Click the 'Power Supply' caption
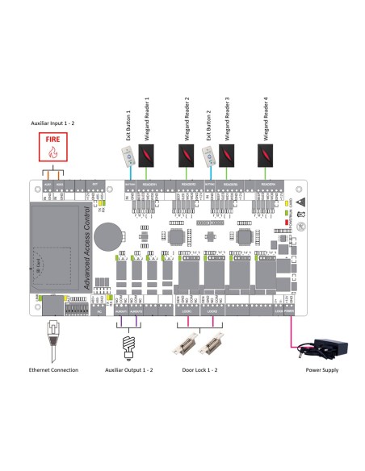pos(322,370)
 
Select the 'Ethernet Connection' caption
pos(52,370)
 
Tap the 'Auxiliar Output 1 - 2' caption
pos(130,370)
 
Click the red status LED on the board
pos(287,221)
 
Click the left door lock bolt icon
pos(186,344)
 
